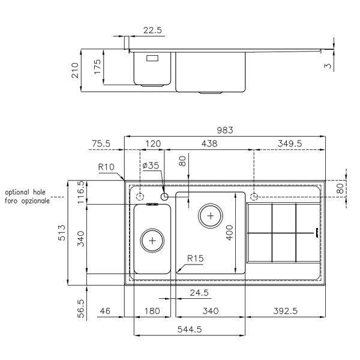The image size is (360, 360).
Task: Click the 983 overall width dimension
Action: click(225, 130)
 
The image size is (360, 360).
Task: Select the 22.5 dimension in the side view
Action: click(152, 30)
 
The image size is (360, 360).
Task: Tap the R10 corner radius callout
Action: click(106, 167)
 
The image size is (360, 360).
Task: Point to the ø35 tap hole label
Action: click(151, 166)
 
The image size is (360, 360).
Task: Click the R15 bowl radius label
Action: click(196, 259)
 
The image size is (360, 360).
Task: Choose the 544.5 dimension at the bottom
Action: click(190, 329)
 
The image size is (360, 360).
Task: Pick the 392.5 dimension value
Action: click(286, 311)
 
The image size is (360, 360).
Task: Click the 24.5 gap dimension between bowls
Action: click(199, 293)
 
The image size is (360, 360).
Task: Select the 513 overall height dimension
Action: click(62, 233)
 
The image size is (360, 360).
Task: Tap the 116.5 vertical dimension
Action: click(81, 192)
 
